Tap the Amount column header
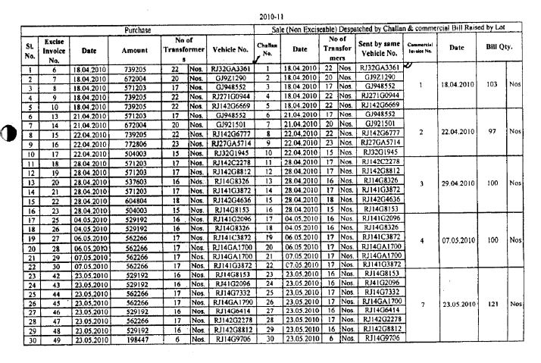tap(134, 50)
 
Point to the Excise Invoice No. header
tap(55, 50)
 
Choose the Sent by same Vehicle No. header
tap(378, 50)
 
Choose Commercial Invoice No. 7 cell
tap(421, 304)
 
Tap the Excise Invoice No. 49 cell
tap(55, 340)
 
